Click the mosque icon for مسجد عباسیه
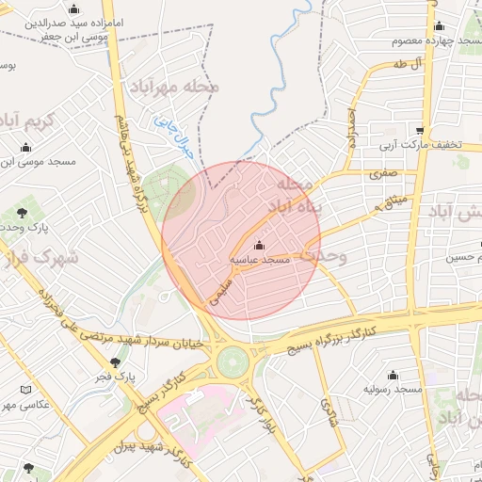tap(260, 246)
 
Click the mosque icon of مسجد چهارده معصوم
tap(439, 27)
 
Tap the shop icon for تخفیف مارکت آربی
tap(421, 131)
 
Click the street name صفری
tap(383, 173)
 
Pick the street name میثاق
tap(392, 200)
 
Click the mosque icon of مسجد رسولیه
tap(393, 375)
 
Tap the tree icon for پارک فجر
tap(116, 362)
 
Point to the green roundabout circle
tap(231, 362)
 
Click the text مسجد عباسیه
tap(261, 259)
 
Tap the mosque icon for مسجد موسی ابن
tap(25, 147)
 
